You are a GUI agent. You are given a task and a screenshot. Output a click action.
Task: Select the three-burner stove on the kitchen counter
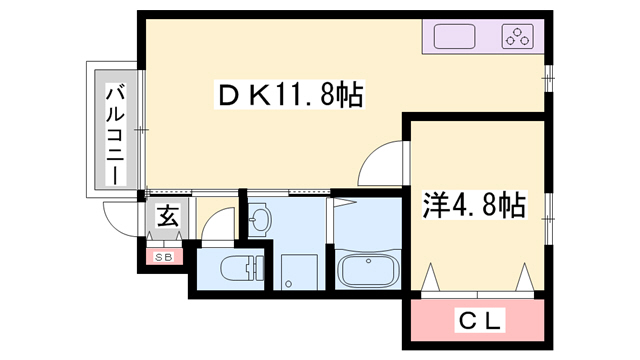click(x=517, y=38)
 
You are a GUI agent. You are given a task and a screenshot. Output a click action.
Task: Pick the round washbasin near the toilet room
click(x=260, y=220)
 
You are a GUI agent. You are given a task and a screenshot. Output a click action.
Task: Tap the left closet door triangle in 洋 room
click(x=432, y=276)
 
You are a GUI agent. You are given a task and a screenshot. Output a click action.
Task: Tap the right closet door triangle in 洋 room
click(x=524, y=276)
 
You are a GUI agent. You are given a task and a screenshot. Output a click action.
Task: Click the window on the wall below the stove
click(x=548, y=76)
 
